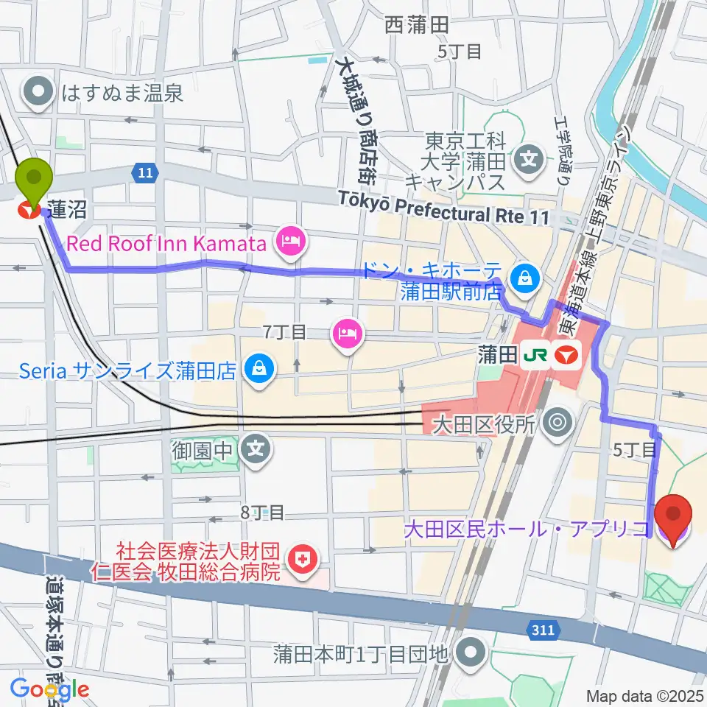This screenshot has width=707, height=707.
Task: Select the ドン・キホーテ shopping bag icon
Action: pyautogui.click(x=527, y=278)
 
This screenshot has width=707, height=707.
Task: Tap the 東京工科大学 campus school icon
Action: pyautogui.click(x=528, y=157)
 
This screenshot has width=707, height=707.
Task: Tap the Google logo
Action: pyautogui.click(x=50, y=689)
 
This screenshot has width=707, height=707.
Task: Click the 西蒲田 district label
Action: pyautogui.click(x=416, y=26)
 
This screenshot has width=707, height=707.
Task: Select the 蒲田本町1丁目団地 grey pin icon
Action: pyautogui.click(x=469, y=651)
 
